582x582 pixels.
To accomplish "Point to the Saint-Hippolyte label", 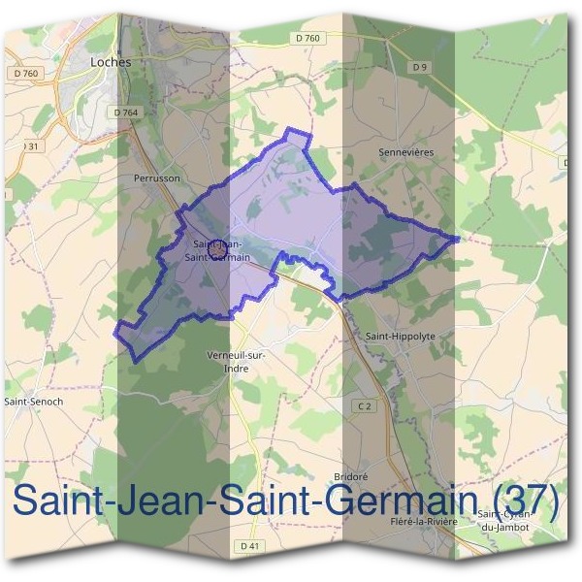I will coord(401,336).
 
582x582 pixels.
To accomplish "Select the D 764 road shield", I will coord(125,113).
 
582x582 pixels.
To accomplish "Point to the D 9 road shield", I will coord(419,67).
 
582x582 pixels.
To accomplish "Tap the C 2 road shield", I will coord(364,406).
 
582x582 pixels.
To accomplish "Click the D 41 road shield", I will coord(249,547).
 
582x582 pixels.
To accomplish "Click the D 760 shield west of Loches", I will coord(26,73).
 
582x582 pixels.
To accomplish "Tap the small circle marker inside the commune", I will coord(218,249).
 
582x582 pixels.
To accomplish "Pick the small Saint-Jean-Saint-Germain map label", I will coord(222,250).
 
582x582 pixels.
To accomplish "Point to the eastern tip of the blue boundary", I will coord(458,238).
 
